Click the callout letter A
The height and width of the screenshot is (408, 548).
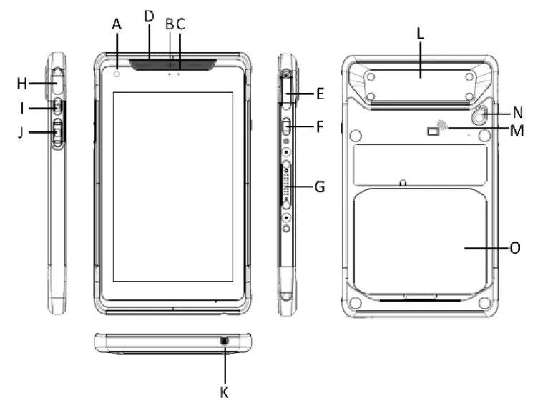pos(117,24)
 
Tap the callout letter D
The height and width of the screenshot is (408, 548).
pos(149,16)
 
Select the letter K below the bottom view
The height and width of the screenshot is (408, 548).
pos(225,393)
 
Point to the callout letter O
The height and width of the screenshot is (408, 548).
pos(515,248)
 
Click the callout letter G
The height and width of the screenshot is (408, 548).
pos(320,187)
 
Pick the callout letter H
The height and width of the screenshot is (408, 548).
pos(21,84)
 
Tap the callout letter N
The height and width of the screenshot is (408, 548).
pos(517,113)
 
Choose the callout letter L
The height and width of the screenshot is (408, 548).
pos(420,33)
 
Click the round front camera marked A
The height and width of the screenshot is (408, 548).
pos(117,74)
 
